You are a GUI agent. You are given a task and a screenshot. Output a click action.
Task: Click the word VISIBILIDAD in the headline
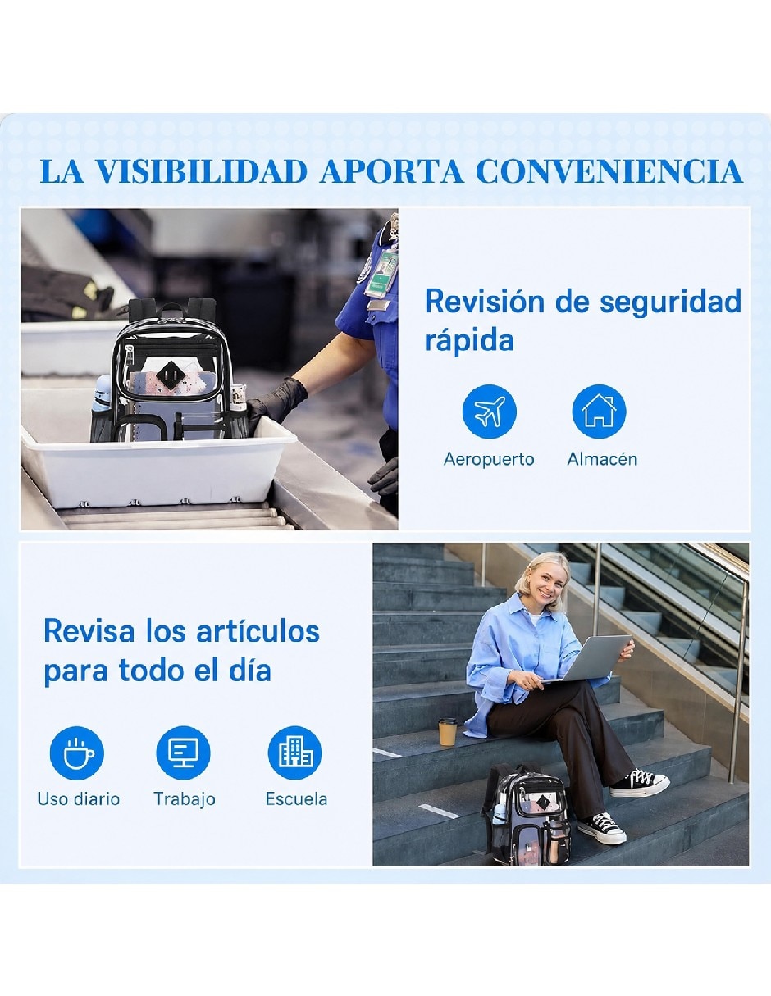[202, 171]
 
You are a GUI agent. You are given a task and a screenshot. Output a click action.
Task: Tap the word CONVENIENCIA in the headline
[609, 171]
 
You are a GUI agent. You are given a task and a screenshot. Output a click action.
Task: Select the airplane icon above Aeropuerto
[489, 412]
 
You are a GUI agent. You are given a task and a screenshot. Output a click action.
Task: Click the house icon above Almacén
[599, 412]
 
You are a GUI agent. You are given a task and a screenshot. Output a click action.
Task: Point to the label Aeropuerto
[489, 459]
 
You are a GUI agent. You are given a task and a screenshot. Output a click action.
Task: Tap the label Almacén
[602, 459]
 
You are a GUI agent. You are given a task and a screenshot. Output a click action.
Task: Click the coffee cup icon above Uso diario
[77, 753]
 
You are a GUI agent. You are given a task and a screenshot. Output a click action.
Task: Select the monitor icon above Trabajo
[184, 753]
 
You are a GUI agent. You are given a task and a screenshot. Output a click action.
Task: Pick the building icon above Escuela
[294, 753]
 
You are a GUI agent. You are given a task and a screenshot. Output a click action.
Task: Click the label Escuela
[296, 799]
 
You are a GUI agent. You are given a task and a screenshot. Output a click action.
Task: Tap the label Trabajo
[185, 799]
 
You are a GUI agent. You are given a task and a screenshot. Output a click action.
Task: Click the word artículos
[258, 631]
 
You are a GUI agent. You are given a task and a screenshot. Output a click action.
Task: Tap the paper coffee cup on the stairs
[447, 731]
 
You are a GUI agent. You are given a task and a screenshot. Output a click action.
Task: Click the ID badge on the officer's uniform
[381, 274]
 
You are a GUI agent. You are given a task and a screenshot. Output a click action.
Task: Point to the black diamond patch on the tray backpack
[170, 375]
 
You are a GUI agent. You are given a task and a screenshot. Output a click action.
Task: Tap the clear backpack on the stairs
[526, 815]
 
